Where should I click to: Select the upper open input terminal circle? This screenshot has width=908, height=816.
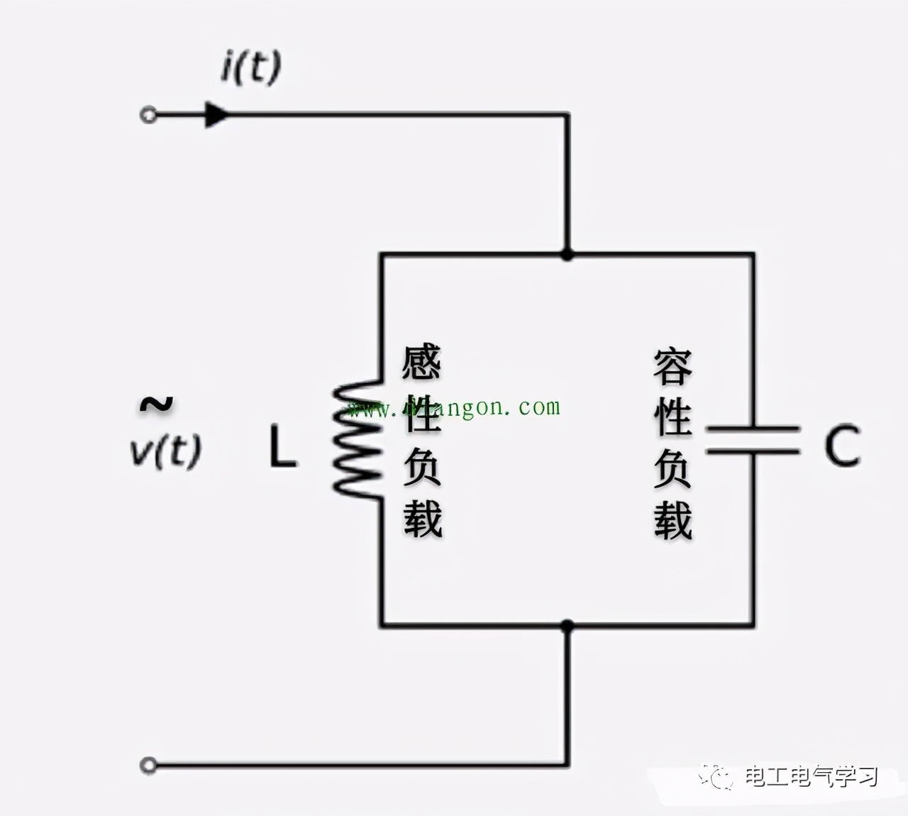point(148,115)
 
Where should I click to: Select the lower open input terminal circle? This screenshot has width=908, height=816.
point(148,765)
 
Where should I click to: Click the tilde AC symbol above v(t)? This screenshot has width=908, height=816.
point(156,404)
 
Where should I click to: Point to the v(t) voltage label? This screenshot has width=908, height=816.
point(166,450)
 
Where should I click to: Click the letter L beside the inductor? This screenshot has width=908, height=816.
point(282,447)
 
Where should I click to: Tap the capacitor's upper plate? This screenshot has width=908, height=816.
point(753,429)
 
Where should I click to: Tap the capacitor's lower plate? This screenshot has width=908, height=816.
point(753,451)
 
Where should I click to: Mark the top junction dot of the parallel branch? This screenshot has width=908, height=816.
point(567,254)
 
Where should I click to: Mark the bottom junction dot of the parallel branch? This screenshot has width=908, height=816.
point(567,626)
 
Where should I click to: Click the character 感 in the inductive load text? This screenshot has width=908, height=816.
point(422,363)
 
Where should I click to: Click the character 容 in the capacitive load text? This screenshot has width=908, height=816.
point(672,366)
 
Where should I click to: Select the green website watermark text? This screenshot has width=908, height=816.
point(454,408)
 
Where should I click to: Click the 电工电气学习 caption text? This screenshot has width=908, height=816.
point(811,777)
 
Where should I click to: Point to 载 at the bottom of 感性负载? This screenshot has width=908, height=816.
point(423,519)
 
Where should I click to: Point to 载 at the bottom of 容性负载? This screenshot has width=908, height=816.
point(672,521)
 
